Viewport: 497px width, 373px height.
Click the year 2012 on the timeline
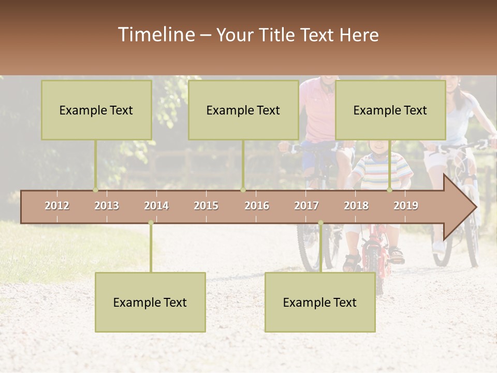(57, 206)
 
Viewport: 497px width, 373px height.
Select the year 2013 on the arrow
(107, 206)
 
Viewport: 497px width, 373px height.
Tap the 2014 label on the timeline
(156, 206)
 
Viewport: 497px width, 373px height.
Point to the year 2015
(206, 206)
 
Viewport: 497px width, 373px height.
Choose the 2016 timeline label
(257, 206)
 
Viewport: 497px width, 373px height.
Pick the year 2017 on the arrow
(306, 206)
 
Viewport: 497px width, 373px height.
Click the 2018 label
(356, 206)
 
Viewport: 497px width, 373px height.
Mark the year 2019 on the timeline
(406, 206)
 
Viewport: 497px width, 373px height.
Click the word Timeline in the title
(156, 35)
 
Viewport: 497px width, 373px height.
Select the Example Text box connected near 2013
(96, 110)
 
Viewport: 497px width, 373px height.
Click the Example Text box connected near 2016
(243, 110)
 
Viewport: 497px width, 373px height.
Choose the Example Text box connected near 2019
(390, 110)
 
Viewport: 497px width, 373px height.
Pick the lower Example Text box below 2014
(150, 302)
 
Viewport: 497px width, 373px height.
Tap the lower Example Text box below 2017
(320, 302)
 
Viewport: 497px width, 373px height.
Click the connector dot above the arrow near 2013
(95, 190)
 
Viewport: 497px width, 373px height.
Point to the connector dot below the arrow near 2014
(151, 223)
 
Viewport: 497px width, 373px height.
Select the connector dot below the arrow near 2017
(320, 223)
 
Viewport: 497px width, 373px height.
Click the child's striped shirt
(381, 171)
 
